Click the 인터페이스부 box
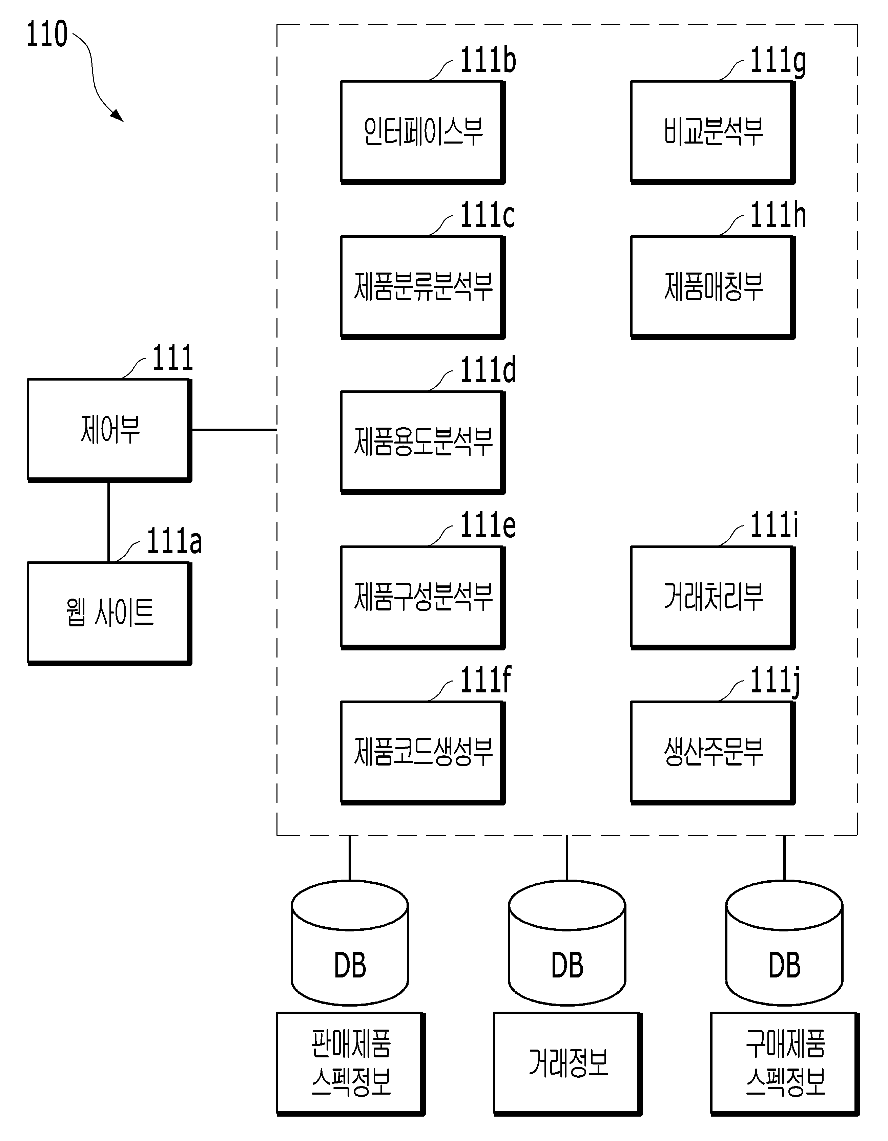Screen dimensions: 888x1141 point(423,132)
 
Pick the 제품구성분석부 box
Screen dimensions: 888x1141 point(423,598)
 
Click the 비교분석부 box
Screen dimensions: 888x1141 point(713,132)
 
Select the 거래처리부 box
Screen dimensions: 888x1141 point(713,598)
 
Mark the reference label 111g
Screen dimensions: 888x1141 point(778,62)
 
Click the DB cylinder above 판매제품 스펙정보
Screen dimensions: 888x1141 point(350,944)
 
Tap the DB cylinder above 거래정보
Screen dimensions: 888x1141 point(567,944)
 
